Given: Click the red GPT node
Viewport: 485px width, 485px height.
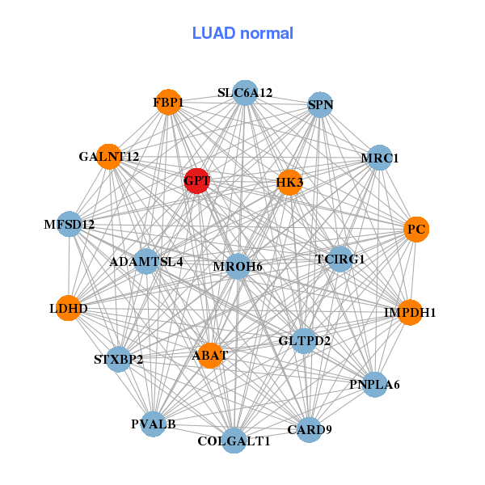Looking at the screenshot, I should point(197,181).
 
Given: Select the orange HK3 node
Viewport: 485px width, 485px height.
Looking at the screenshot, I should point(289,183).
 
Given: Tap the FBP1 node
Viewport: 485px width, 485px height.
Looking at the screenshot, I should point(168,103).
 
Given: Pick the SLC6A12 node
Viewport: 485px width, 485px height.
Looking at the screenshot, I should point(245,93).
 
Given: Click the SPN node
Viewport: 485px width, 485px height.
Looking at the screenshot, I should point(320,105).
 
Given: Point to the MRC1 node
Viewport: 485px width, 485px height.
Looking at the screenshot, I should point(379,158).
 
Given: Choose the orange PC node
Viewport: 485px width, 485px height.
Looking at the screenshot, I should point(416,230).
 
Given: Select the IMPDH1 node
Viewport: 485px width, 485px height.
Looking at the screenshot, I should point(410,312).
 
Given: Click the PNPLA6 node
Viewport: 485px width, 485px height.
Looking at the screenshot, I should point(374,384).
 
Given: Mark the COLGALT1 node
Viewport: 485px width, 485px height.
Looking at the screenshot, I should point(234,441).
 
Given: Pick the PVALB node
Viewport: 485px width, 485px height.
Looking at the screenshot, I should point(154,424).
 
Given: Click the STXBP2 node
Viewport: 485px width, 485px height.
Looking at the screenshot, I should point(119,359).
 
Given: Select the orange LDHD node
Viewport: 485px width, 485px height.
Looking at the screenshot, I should point(69,308).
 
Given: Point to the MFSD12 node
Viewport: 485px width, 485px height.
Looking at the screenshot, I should point(70,224).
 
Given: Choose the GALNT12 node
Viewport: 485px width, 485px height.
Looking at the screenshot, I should point(109,156).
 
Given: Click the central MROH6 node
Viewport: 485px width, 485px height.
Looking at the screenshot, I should point(238,266).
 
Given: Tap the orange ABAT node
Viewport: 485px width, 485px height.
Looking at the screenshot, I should point(210,355).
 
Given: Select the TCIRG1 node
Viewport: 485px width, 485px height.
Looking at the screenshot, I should point(340,259).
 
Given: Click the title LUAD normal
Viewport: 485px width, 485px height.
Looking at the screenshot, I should point(242,33).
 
